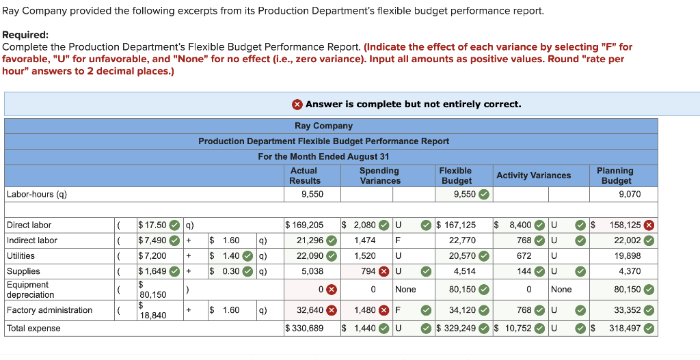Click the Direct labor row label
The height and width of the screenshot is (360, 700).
pyautogui.click(x=29, y=225)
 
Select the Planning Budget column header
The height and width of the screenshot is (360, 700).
pyautogui.click(x=615, y=176)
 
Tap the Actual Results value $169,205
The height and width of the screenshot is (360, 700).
pyautogui.click(x=304, y=225)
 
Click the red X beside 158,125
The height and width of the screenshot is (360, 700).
pyautogui.click(x=649, y=225)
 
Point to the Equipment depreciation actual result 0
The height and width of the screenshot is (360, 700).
pyautogui.click(x=320, y=290)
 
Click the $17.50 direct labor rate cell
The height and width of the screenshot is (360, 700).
pyautogui.click(x=151, y=225)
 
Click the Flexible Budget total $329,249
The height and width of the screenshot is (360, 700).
pyautogui.click(x=457, y=329)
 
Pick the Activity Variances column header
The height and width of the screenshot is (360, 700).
pyautogui.click(x=533, y=176)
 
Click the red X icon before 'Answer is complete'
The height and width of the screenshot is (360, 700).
pyautogui.click(x=297, y=105)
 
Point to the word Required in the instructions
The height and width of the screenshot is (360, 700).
pyautogui.click(x=25, y=35)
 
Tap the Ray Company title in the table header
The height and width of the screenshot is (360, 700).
pyautogui.click(x=323, y=126)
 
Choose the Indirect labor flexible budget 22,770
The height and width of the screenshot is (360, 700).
pyautogui.click(x=463, y=240)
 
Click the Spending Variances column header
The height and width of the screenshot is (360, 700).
pyautogui.click(x=380, y=176)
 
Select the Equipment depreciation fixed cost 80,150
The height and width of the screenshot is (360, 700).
pyautogui.click(x=153, y=294)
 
